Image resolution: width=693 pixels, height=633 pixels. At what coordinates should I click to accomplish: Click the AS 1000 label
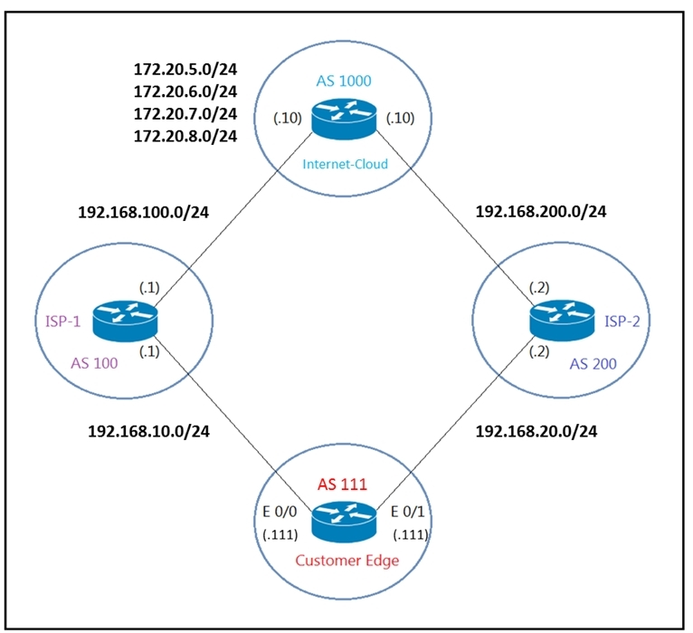click(x=344, y=81)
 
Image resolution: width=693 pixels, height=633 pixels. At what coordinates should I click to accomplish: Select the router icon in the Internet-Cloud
click(x=344, y=119)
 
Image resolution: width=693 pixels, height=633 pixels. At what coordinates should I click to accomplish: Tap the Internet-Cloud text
click(x=346, y=164)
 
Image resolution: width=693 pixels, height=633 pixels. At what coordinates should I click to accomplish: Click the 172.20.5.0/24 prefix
click(x=185, y=70)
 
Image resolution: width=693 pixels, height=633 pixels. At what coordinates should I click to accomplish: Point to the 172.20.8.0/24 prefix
click(x=185, y=136)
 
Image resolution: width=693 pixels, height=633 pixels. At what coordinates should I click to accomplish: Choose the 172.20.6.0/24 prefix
click(x=185, y=91)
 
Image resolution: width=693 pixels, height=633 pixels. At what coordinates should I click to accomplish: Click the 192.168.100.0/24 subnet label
click(x=143, y=212)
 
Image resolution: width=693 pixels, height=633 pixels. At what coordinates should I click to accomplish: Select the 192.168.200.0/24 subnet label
click(x=540, y=211)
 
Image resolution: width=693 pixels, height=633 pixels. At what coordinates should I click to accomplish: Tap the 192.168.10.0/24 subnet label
click(x=148, y=431)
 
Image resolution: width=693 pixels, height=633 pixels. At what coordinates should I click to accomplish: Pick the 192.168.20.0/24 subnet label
click(x=536, y=431)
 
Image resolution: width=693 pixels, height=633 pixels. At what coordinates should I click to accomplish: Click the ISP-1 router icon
click(x=125, y=321)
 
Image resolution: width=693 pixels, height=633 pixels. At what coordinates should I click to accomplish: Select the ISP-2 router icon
click(x=562, y=321)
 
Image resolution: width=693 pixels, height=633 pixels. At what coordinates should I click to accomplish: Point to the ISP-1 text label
click(x=63, y=321)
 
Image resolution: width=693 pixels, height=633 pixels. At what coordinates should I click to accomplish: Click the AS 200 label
click(x=593, y=364)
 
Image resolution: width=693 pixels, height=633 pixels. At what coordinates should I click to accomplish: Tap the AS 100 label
click(x=94, y=364)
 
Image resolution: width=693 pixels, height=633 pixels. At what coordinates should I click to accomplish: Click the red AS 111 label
click(x=342, y=484)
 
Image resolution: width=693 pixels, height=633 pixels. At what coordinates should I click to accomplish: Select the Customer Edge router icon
click(x=344, y=522)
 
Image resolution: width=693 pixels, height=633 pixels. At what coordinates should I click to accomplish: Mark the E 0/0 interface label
click(x=280, y=512)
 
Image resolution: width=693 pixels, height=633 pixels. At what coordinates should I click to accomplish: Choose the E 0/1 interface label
click(x=407, y=512)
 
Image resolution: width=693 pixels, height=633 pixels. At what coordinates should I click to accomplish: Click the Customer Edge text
click(x=346, y=561)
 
